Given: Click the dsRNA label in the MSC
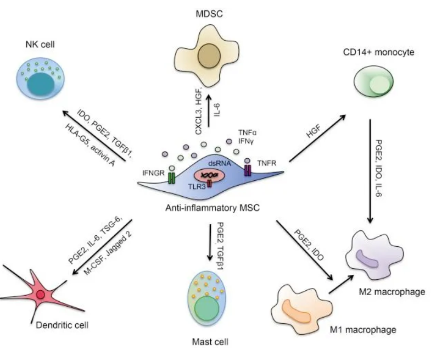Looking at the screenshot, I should pos(220,163).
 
